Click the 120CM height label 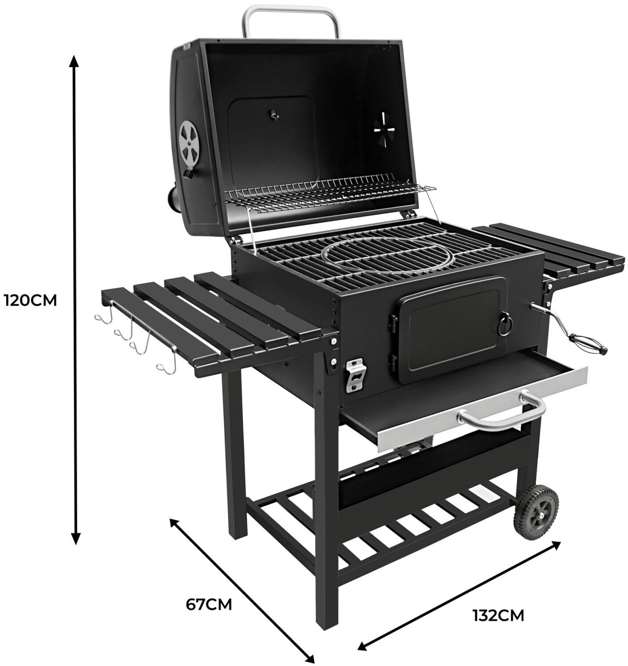(x=31, y=301)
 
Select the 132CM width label (x=498, y=615)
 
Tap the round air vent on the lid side (x=189, y=141)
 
